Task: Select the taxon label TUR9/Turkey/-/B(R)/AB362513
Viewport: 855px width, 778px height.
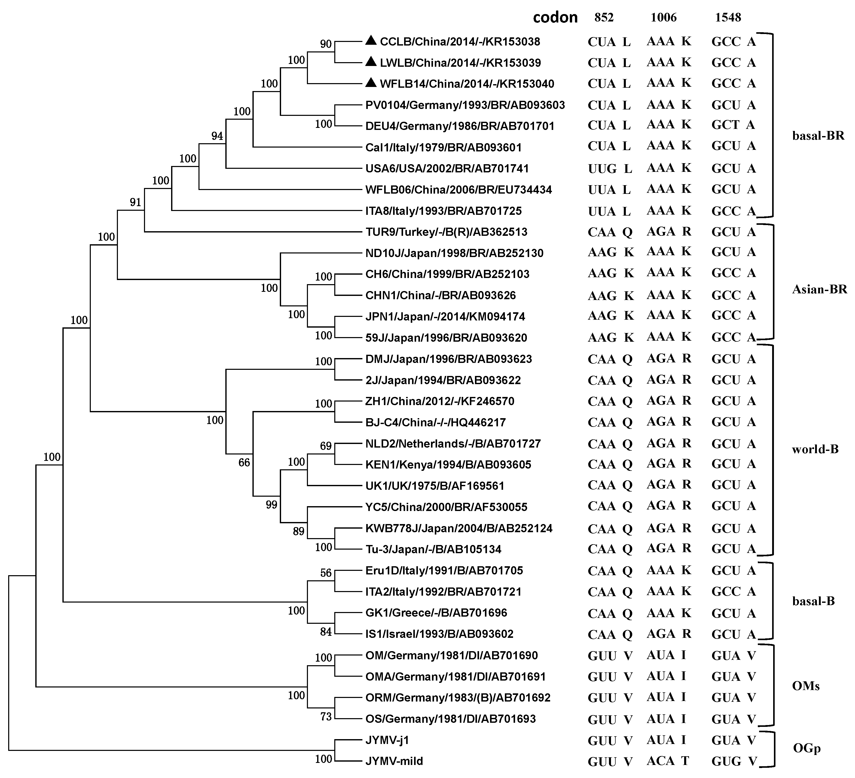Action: [446, 232]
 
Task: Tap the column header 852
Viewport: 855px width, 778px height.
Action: [604, 17]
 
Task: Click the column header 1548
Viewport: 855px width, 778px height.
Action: [728, 17]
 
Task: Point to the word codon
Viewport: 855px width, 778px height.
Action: [555, 17]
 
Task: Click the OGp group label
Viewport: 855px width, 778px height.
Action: [807, 748]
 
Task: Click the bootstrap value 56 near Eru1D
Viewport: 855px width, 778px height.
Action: [326, 573]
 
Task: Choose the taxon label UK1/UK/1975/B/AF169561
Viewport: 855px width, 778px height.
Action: [435, 486]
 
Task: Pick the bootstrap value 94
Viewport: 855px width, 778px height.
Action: [217, 136]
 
